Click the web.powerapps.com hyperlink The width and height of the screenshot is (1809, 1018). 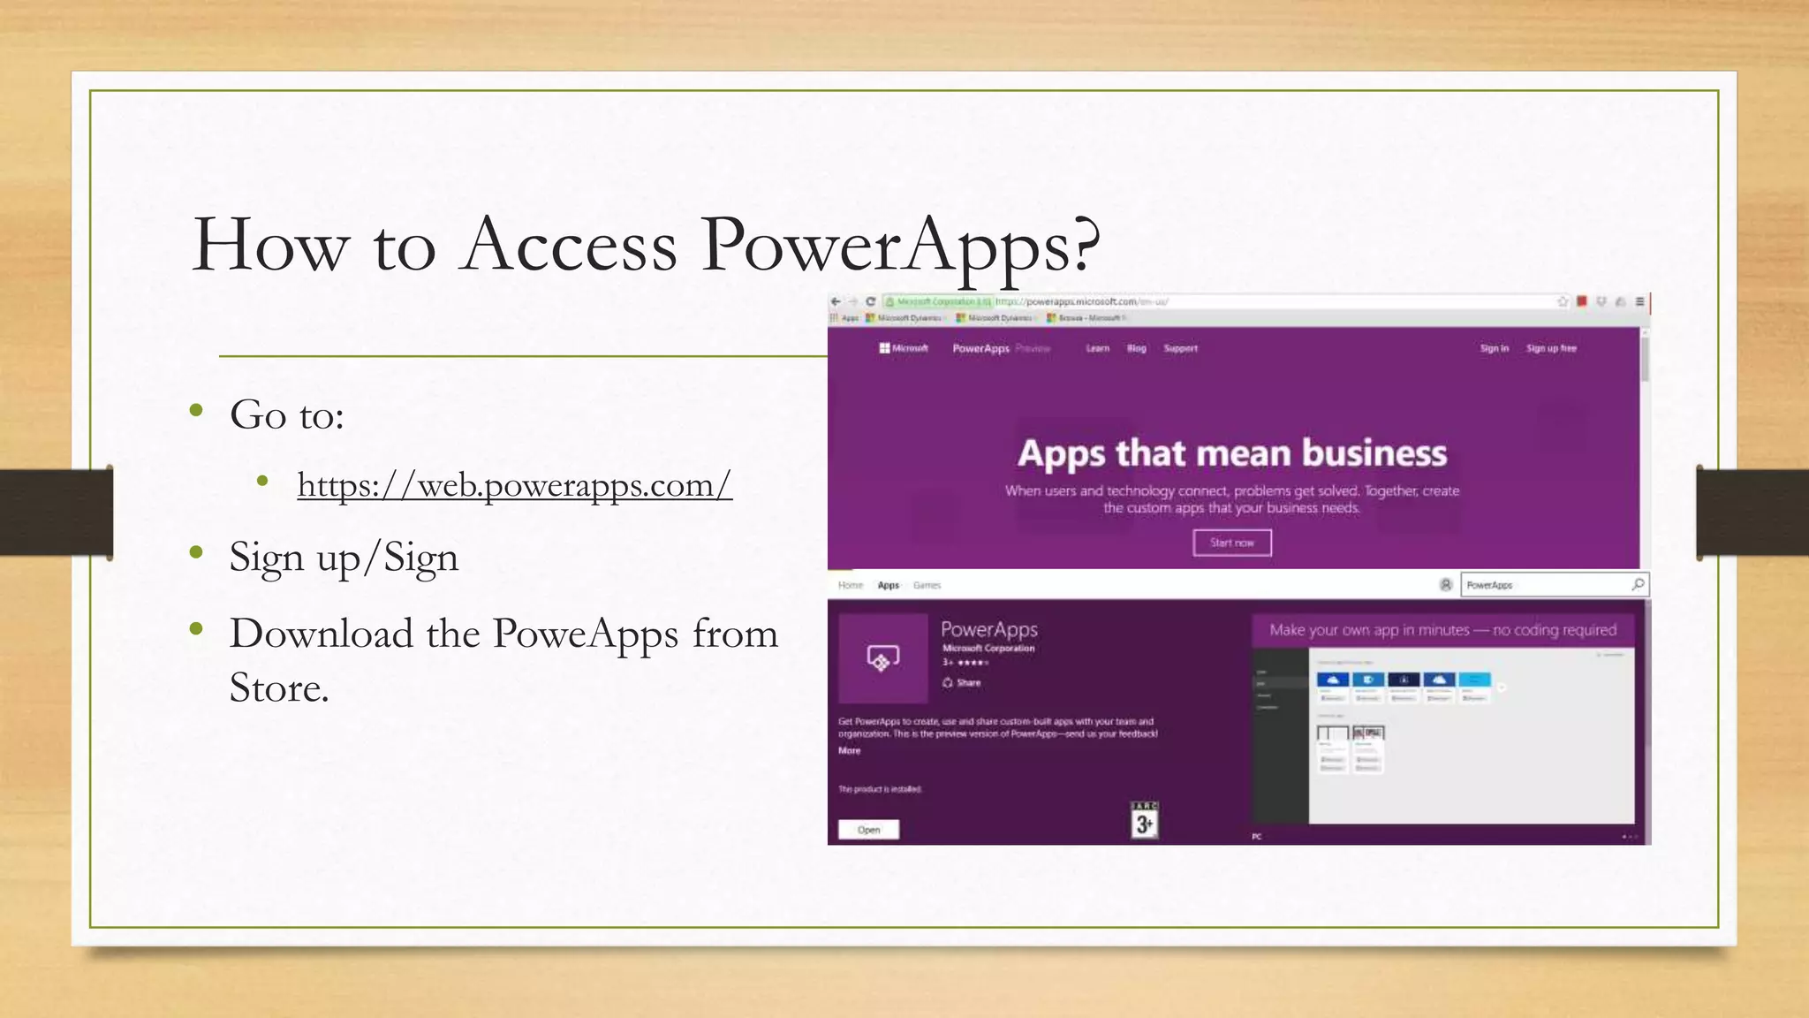click(x=514, y=485)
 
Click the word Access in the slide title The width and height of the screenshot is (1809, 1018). click(x=570, y=245)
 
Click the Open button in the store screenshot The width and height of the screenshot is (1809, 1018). click(x=868, y=830)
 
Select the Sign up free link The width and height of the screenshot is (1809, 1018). click(x=1551, y=348)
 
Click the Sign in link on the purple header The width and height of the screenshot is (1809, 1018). click(x=1495, y=348)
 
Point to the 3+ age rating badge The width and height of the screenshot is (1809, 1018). click(x=1144, y=821)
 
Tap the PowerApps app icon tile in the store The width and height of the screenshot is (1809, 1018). click(x=882, y=657)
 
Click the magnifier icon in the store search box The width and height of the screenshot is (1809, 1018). click(x=1638, y=584)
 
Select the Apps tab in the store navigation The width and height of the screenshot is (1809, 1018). click(x=888, y=585)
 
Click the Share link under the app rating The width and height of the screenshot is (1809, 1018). click(x=962, y=682)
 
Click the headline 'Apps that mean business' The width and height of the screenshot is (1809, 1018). click(x=1232, y=453)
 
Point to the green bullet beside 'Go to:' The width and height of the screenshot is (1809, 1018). click(x=197, y=411)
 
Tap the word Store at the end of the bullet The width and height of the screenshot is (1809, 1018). click(x=279, y=688)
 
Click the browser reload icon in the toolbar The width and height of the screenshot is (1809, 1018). click(x=870, y=301)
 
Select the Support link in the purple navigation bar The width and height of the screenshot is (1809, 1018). click(x=1180, y=348)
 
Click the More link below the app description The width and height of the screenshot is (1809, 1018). click(x=849, y=750)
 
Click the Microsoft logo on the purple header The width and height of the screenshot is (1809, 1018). click(x=903, y=348)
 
